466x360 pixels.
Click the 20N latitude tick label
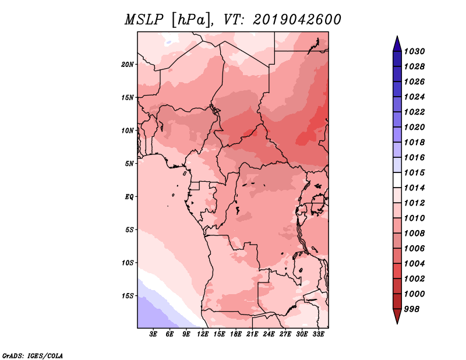point(128,65)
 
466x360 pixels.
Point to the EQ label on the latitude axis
point(129,197)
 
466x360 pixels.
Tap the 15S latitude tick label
point(128,296)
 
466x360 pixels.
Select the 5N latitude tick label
point(129,164)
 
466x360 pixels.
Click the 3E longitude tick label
point(153,334)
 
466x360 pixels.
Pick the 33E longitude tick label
point(318,334)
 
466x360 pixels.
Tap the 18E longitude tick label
point(236,334)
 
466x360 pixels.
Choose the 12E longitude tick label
point(203,334)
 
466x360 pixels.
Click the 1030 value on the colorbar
point(414,51)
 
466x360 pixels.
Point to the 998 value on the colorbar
point(412,309)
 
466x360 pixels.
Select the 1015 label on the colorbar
point(414,172)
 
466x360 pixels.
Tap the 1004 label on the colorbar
point(414,264)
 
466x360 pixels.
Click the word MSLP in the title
point(144,20)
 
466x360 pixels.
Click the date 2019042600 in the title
point(297,20)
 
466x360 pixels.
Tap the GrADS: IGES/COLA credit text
point(33,356)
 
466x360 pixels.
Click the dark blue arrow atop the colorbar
point(397,44)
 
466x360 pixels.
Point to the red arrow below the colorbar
point(397,316)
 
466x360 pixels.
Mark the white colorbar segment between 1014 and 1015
point(397,180)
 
